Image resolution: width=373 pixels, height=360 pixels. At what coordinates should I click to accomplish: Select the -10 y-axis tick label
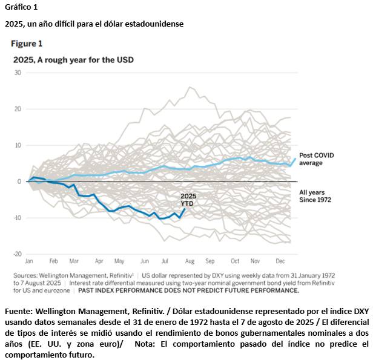(17, 218)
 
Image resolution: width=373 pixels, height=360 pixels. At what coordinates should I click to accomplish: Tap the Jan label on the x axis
(28, 261)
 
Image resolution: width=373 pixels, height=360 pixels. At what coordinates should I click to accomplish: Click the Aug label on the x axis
(189, 261)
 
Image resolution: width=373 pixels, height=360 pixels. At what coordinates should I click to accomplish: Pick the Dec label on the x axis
(280, 261)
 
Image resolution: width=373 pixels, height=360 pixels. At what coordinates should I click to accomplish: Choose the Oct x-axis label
(235, 261)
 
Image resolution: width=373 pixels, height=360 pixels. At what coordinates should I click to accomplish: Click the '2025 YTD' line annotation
(189, 200)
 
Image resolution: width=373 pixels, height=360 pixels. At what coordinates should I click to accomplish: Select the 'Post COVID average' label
(316, 159)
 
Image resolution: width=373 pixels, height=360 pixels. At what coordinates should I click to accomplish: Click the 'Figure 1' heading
(27, 44)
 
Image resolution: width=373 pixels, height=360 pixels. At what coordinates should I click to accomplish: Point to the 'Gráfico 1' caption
(21, 7)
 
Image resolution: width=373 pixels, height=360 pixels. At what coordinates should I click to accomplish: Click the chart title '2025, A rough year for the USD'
(73, 60)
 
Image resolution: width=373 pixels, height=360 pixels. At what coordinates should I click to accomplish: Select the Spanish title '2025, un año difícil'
(94, 24)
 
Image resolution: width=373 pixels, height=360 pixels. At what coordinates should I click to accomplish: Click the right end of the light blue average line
(295, 159)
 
